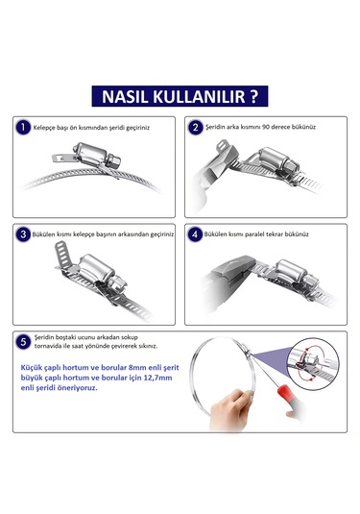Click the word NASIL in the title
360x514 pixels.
[x=120, y=97]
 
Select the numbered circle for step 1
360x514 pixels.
[x=23, y=127]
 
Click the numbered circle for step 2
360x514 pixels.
[x=195, y=127]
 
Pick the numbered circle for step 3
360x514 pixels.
[x=23, y=233]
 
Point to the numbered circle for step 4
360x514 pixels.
[x=195, y=233]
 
